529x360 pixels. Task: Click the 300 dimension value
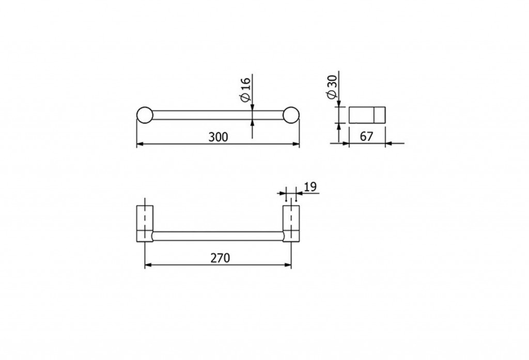[218, 137]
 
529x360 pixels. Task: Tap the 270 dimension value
[220, 258]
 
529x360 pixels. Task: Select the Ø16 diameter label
[245, 89]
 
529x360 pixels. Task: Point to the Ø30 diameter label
[332, 87]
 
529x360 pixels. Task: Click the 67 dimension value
[366, 136]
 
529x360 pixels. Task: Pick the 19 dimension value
[310, 186]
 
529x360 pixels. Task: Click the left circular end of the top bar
[145, 115]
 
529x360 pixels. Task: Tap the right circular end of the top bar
[291, 115]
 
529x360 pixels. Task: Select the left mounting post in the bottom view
[145, 224]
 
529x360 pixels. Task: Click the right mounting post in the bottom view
[291, 224]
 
